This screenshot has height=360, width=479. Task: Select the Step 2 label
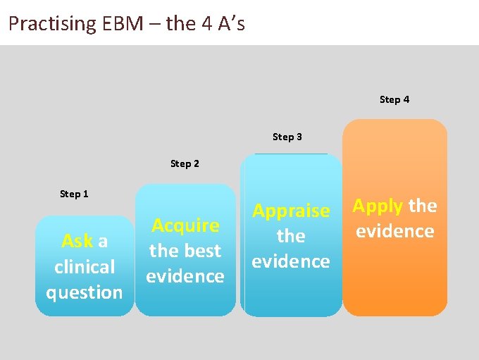[x=185, y=163]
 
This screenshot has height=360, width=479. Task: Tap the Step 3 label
[x=287, y=137]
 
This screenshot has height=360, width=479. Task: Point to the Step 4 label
[x=394, y=99]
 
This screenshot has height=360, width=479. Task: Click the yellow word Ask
[x=77, y=242]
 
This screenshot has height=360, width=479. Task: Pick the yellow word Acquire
[x=185, y=225]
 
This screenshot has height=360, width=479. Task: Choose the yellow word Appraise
[x=291, y=211]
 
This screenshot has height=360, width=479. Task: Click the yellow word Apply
[x=378, y=206]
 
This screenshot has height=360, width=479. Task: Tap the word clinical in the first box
[x=85, y=267]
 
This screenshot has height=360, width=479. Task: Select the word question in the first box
[x=85, y=292]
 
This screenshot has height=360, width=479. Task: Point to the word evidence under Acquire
[x=185, y=276]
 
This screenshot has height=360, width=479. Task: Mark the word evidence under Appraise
[x=291, y=261]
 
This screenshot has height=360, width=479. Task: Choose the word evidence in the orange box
[x=394, y=231]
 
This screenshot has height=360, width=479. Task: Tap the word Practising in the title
[x=52, y=24]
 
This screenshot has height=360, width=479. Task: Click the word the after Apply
[x=423, y=206]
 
